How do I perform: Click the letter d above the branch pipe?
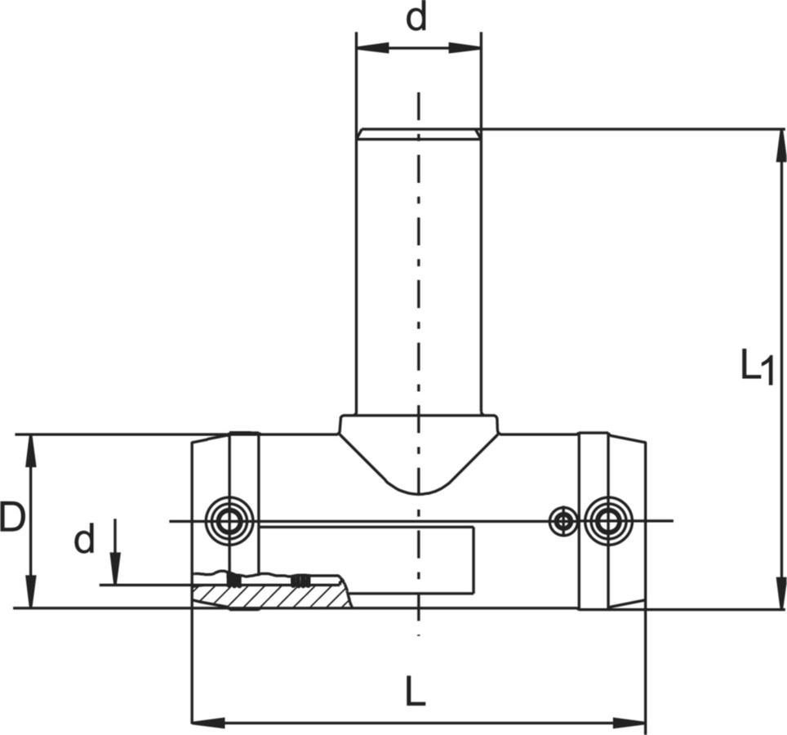(x=417, y=18)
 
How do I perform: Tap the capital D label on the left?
(x=11, y=518)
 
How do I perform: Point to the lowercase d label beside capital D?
(x=84, y=540)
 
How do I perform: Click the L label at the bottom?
(x=416, y=693)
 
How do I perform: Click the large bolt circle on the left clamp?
(x=229, y=520)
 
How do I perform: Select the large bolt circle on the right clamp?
(x=607, y=520)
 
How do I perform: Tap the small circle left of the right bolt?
(x=562, y=520)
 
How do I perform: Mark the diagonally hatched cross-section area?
(x=278, y=596)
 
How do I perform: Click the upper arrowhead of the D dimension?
(x=31, y=448)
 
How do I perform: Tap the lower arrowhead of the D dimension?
(x=31, y=594)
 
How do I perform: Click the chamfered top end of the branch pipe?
(x=419, y=133)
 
